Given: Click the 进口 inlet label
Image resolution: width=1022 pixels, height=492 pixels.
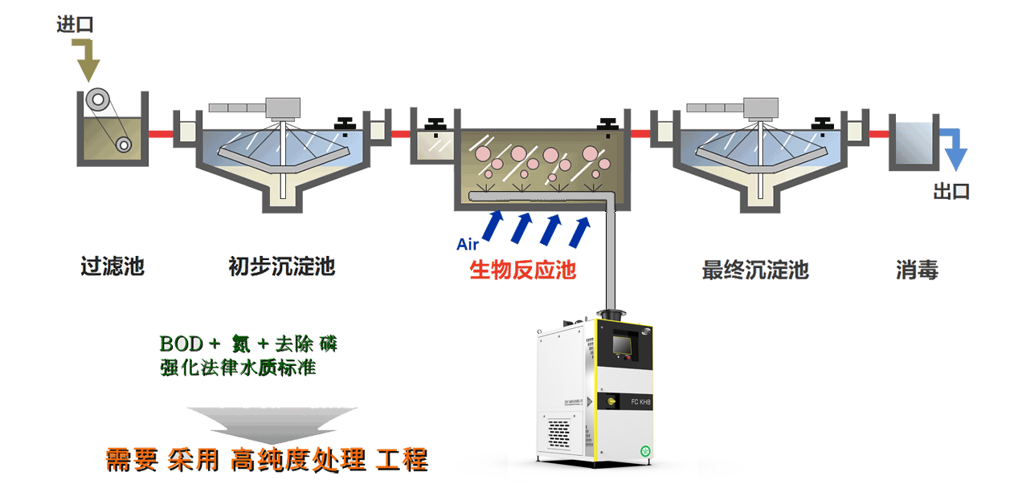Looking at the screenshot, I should (75, 25).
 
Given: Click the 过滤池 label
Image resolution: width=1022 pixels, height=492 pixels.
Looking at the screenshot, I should (112, 266).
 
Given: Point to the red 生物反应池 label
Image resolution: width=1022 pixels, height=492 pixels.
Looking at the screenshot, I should (522, 270).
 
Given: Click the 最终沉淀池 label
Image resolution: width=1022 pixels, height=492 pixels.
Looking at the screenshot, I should (754, 270).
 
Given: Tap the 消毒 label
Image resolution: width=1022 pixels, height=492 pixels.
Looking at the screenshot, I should (917, 270).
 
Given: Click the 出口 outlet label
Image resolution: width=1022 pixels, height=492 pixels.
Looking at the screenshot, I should (950, 192).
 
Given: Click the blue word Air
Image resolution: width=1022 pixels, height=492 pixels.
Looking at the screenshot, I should (468, 245).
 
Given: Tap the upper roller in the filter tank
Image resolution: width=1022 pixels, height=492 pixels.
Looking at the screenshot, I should (100, 99).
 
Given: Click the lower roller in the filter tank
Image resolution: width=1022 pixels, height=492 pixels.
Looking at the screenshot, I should (123, 144).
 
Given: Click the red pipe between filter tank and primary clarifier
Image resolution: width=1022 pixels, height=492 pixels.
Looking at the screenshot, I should (162, 133).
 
